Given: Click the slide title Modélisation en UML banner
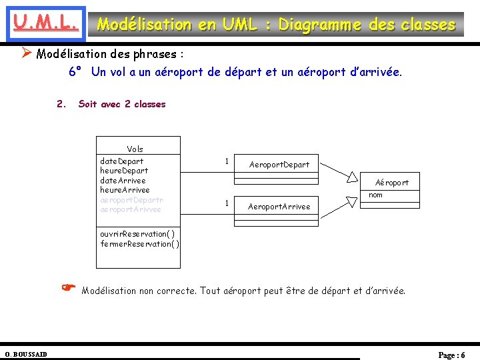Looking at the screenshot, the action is tap(276, 25).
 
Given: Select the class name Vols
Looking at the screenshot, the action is tap(135, 149).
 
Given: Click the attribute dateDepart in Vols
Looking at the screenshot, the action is tap(121, 161).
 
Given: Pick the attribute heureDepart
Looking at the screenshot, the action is tap(124, 171).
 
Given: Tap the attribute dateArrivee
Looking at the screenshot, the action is tap(123, 181).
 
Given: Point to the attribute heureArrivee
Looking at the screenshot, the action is tap(125, 190).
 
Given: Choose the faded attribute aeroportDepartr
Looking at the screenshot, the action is tap(131, 200).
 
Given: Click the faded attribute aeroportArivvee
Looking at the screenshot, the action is tap(130, 209).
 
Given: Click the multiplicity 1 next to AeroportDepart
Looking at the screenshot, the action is tap(227, 161).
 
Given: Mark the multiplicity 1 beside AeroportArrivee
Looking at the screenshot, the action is tap(227, 203).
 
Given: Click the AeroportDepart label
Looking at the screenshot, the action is tap(279, 165).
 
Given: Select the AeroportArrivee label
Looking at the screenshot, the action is tap(279, 207).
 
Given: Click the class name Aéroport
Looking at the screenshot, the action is tap(392, 183).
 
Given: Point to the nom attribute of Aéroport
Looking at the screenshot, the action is tap(376, 195).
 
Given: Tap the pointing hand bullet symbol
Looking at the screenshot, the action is tap(68, 288).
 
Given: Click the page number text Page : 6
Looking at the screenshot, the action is tap(451, 355).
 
